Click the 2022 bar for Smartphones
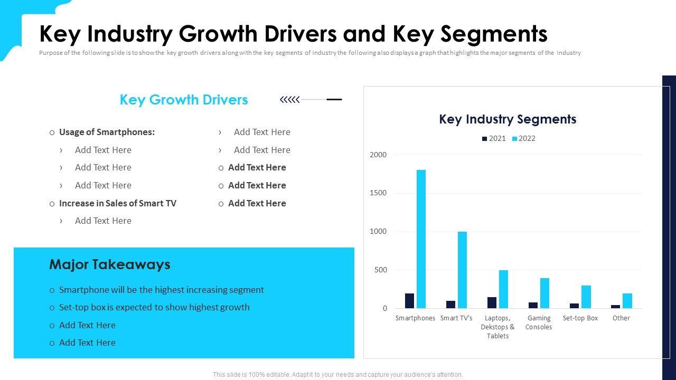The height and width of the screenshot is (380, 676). click(x=421, y=239)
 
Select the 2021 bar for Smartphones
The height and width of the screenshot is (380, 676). click(x=409, y=301)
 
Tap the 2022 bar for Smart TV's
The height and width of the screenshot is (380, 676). click(x=462, y=270)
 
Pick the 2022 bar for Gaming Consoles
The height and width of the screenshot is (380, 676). click(x=544, y=293)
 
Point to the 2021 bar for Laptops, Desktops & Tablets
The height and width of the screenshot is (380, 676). click(x=492, y=302)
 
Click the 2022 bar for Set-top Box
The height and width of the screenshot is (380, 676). click(x=586, y=297)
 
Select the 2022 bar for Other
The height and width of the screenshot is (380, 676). click(x=627, y=301)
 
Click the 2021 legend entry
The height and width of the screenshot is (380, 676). click(x=494, y=139)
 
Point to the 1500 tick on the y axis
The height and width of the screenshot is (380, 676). click(x=378, y=193)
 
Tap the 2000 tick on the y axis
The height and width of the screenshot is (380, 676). click(x=378, y=155)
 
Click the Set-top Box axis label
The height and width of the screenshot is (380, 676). click(x=580, y=318)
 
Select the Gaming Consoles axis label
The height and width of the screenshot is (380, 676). click(x=539, y=322)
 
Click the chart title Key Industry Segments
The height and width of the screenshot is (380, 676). click(x=508, y=119)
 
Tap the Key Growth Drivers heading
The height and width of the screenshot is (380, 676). click(x=184, y=100)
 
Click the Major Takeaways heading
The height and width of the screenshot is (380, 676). click(x=110, y=264)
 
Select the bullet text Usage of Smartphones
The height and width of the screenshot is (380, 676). click(x=107, y=132)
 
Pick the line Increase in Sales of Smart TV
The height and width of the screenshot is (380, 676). click(x=117, y=203)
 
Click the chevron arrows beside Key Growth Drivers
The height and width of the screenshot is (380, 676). click(x=289, y=99)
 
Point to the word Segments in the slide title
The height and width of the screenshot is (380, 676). click(x=494, y=34)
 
